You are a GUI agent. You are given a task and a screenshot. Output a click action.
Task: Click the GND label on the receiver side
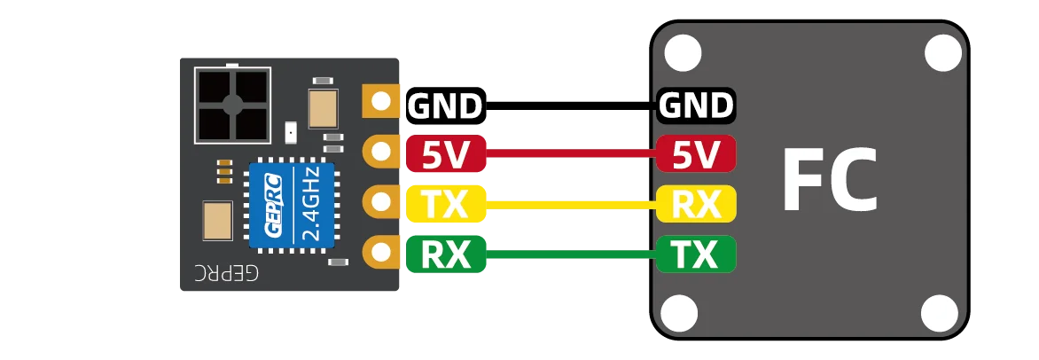point(445,106)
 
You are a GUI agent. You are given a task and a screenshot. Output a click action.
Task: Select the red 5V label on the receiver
point(445,155)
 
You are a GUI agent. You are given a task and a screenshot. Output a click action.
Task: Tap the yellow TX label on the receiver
point(445,205)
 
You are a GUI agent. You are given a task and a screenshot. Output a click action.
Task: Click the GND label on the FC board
point(696,106)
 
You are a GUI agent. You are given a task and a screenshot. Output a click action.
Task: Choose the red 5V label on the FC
point(696,155)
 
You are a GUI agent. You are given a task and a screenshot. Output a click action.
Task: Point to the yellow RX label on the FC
point(696,205)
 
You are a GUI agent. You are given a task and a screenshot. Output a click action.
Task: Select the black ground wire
point(572,106)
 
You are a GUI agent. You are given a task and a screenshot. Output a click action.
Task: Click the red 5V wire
point(572,156)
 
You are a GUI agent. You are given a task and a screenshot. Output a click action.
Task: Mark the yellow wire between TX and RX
point(572,205)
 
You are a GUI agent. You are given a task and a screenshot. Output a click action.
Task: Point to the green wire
point(572,255)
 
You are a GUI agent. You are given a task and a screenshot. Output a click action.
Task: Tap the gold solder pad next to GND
point(381,101)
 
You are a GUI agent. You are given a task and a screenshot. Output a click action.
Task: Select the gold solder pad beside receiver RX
point(381,252)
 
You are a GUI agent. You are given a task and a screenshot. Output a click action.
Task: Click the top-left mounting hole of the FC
point(682,54)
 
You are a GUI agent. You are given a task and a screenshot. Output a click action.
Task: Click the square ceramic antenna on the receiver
point(232,106)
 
